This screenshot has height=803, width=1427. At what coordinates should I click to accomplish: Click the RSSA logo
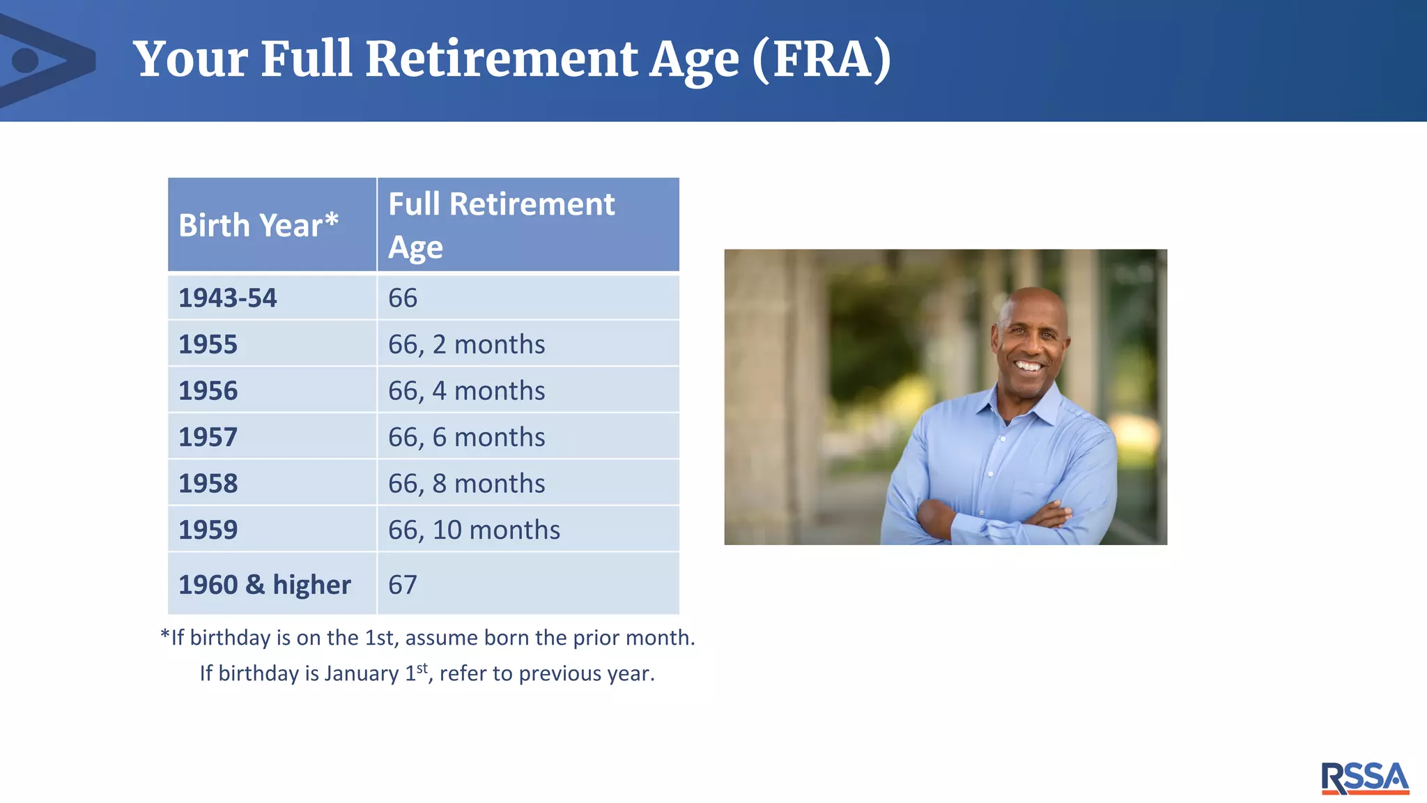(x=1364, y=778)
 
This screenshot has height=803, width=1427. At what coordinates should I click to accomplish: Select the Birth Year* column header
(x=259, y=225)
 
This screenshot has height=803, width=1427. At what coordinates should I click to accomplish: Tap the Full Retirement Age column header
(x=501, y=225)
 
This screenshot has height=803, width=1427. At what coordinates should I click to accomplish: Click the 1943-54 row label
(x=228, y=298)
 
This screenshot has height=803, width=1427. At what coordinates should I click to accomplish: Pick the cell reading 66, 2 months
(x=466, y=344)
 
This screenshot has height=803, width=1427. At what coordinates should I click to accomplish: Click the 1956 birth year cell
(x=208, y=390)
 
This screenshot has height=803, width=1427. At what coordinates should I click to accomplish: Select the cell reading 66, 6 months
(x=466, y=437)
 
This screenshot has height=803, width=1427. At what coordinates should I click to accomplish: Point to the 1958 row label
(x=208, y=483)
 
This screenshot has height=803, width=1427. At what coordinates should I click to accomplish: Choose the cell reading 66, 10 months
(x=474, y=530)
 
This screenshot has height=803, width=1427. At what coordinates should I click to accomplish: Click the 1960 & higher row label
(x=265, y=584)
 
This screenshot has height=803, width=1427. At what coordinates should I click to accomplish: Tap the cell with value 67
(x=403, y=584)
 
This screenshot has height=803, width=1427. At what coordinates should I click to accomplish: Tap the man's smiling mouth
(x=1028, y=366)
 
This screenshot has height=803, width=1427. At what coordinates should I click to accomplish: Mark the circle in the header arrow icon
(x=26, y=60)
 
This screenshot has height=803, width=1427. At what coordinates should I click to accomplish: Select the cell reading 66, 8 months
(x=466, y=483)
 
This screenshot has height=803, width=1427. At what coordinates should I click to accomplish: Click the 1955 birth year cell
(x=208, y=344)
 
